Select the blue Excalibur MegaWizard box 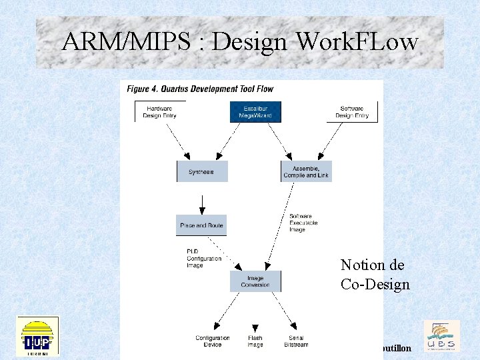(255, 112)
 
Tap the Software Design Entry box (351, 112)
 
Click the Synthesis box (202, 171)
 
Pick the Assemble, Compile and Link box (306, 171)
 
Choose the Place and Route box (202, 225)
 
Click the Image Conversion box (255, 281)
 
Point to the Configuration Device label (212, 341)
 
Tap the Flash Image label (255, 341)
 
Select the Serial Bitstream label (296, 341)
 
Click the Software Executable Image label (303, 223)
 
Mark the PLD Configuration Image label (203, 258)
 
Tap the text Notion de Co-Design (375, 275)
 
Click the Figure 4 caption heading (200, 89)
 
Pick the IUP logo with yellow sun (37, 336)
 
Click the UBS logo (441, 336)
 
